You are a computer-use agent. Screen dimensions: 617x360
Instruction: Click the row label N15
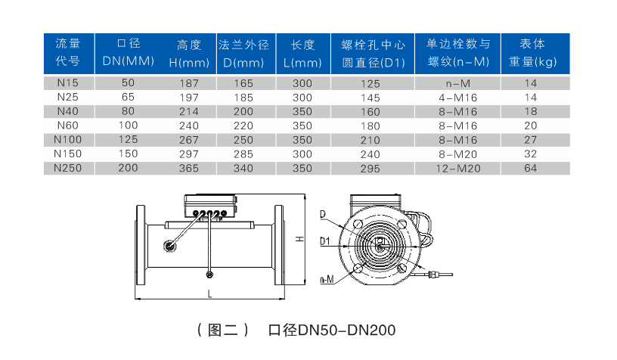pyautogui.click(x=68, y=83)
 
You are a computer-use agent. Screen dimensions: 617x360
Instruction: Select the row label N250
pyautogui.click(x=68, y=168)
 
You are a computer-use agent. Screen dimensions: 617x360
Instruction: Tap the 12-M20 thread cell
pyautogui.click(x=458, y=169)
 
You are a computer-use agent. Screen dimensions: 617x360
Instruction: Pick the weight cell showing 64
pyautogui.click(x=531, y=168)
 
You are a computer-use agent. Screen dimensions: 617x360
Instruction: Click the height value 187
pyautogui.click(x=189, y=83)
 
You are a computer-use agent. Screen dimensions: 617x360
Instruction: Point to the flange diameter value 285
pyautogui.click(x=243, y=154)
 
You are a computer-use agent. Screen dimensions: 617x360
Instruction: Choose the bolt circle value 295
pyautogui.click(x=371, y=169)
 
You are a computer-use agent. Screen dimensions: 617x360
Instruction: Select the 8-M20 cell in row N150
pyautogui.click(x=458, y=154)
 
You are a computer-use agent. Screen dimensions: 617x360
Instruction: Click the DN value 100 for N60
pyautogui.click(x=129, y=126)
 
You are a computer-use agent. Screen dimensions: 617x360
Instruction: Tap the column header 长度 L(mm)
pyautogui.click(x=302, y=54)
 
